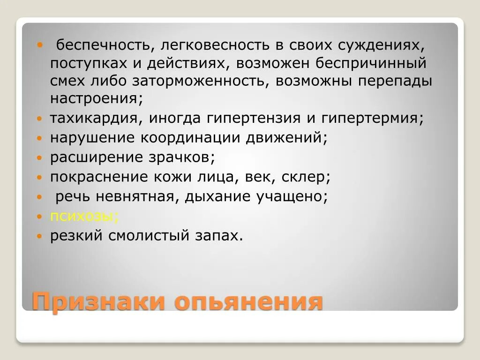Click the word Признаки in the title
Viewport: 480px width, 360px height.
point(98,301)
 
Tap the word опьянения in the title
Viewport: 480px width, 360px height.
point(248,301)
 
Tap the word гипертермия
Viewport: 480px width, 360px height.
point(370,118)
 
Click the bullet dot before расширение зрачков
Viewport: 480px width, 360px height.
point(40,158)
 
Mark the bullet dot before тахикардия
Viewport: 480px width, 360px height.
point(40,119)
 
